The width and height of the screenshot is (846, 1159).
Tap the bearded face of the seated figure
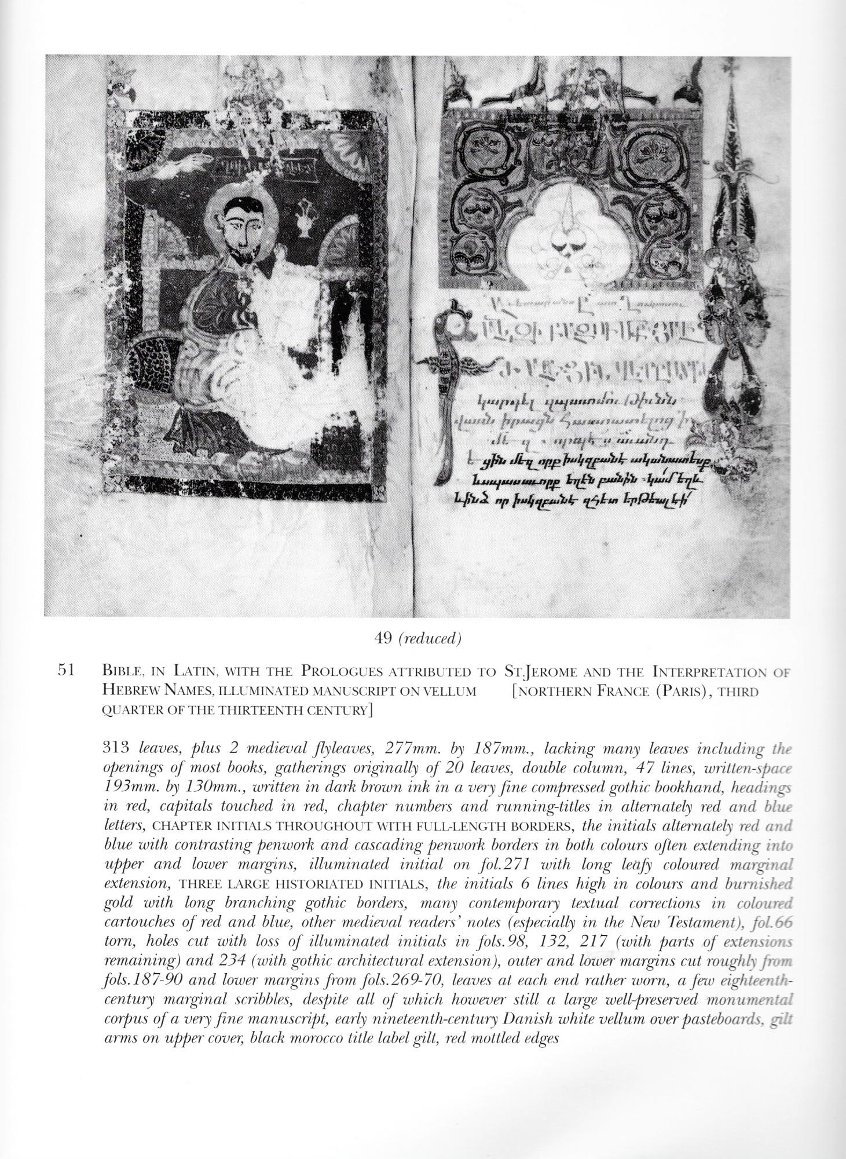[x=240, y=224]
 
